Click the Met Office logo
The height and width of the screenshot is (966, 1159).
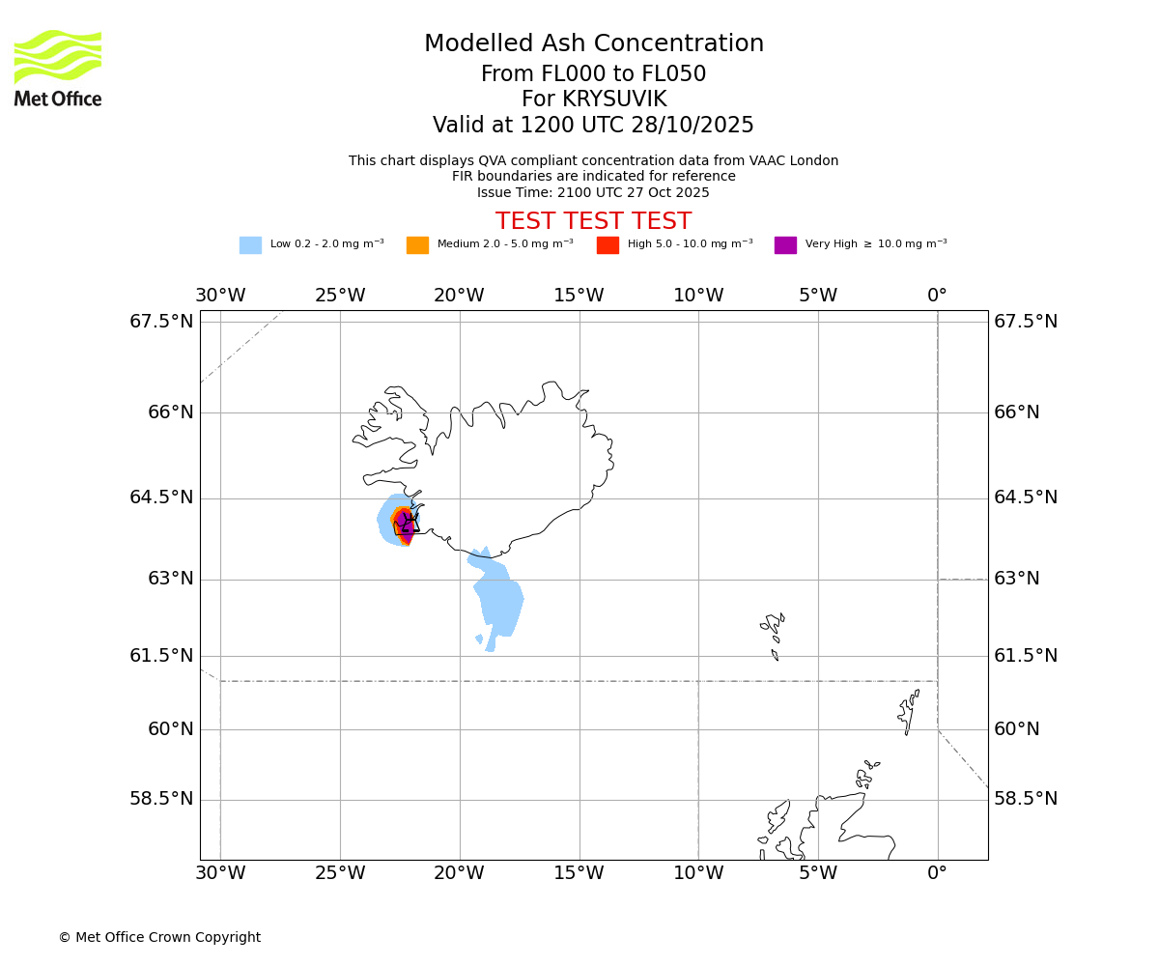click(x=58, y=68)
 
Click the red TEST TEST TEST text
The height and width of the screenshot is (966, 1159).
click(x=593, y=222)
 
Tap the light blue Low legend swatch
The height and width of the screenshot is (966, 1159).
click(x=250, y=245)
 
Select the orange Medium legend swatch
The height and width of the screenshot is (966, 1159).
click(x=417, y=245)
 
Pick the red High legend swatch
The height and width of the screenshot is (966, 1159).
click(x=608, y=245)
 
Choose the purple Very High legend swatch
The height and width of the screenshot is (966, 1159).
click(x=785, y=245)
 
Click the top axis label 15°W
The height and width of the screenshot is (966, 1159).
click(x=579, y=296)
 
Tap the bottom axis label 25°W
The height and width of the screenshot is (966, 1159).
click(x=340, y=874)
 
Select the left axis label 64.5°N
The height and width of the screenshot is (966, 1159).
click(x=161, y=497)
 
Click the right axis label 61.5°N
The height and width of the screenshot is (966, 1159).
click(x=1026, y=656)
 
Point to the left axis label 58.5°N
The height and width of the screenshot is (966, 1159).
click(x=161, y=799)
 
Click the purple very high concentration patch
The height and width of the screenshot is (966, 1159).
click(x=405, y=526)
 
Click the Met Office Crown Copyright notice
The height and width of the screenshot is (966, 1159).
click(x=159, y=938)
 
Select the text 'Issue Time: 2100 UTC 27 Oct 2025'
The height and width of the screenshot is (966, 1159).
click(x=593, y=193)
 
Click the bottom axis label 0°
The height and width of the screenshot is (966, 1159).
click(x=937, y=874)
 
